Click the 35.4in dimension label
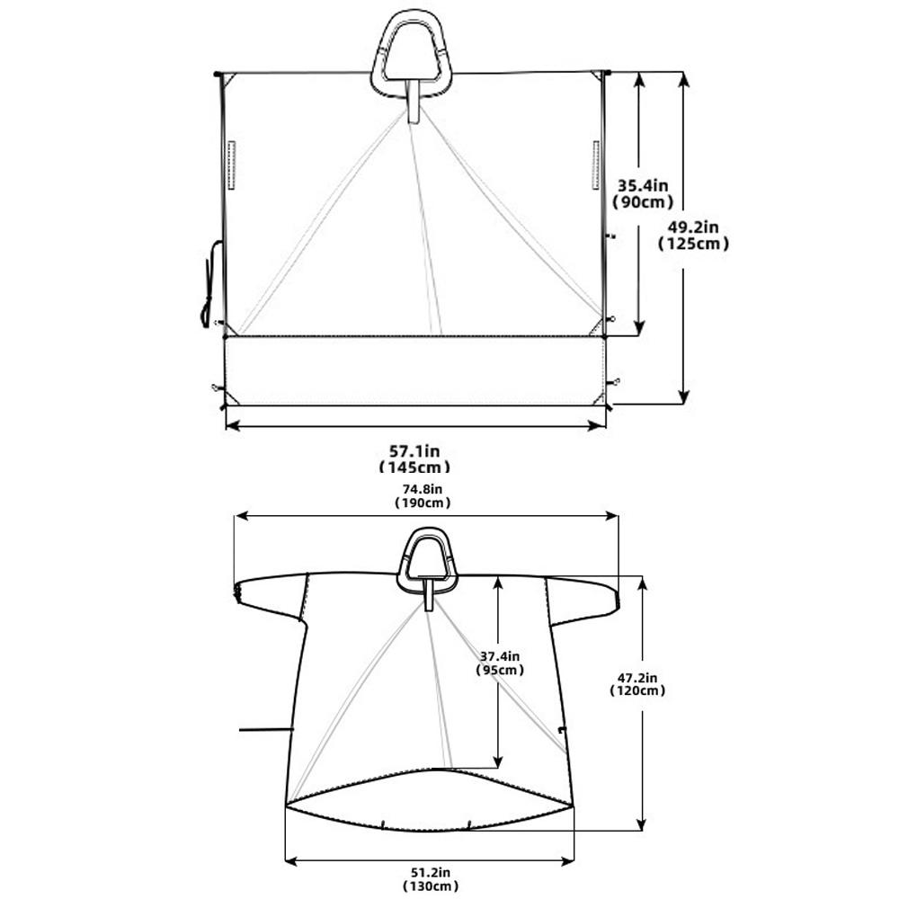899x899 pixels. click(x=642, y=186)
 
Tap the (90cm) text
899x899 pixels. click(x=643, y=201)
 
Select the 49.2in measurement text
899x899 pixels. click(x=692, y=227)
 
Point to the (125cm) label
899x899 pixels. click(x=693, y=244)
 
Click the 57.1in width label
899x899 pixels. click(x=414, y=451)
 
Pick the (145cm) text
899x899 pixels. click(x=414, y=467)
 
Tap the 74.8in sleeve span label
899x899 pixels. click(x=423, y=489)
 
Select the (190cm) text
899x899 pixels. click(x=423, y=503)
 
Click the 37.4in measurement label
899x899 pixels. click(x=500, y=656)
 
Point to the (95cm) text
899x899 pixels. click(x=500, y=670)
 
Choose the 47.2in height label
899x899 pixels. click(x=637, y=678)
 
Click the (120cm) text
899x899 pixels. click(x=637, y=690)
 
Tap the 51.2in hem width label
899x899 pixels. click(x=430, y=873)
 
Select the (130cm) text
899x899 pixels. click(x=430, y=886)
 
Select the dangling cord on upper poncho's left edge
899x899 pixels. click(x=209, y=284)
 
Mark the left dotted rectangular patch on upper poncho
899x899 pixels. click(x=231, y=165)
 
